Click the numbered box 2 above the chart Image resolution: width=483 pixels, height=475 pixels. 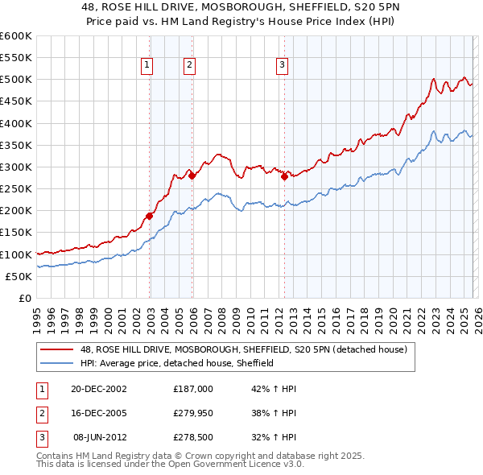[189, 66]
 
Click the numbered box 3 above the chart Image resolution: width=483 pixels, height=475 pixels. [283, 66]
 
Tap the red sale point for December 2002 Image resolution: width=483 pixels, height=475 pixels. [150, 216]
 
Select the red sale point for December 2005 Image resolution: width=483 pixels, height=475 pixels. [192, 176]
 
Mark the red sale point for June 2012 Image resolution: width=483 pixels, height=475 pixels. [284, 176]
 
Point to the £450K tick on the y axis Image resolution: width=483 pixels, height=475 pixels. [16, 101]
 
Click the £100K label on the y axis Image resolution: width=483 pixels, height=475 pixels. [16, 254]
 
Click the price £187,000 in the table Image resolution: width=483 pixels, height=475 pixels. [192, 388]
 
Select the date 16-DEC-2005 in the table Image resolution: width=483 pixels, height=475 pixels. [98, 413]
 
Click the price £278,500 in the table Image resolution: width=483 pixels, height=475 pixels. [192, 438]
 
